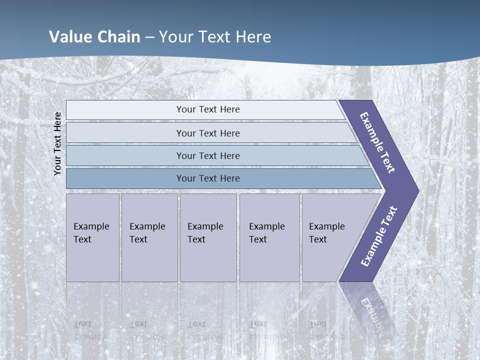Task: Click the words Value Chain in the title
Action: pyautogui.click(x=94, y=37)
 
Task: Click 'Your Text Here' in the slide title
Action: pyautogui.click(x=215, y=37)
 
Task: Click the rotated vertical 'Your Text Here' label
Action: pyautogui.click(x=58, y=143)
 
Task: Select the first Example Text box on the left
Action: pyautogui.click(x=92, y=237)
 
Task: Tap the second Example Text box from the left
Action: pyautogui.click(x=149, y=237)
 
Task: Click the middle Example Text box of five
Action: pyautogui.click(x=208, y=237)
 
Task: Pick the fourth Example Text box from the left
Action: pyautogui.click(x=269, y=237)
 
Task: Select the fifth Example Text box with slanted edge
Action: pyautogui.click(x=330, y=237)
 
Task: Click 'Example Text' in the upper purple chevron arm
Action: pyautogui.click(x=377, y=143)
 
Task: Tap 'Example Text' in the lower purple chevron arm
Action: pyautogui.click(x=378, y=236)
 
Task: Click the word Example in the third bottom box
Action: pyautogui.click(x=205, y=226)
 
